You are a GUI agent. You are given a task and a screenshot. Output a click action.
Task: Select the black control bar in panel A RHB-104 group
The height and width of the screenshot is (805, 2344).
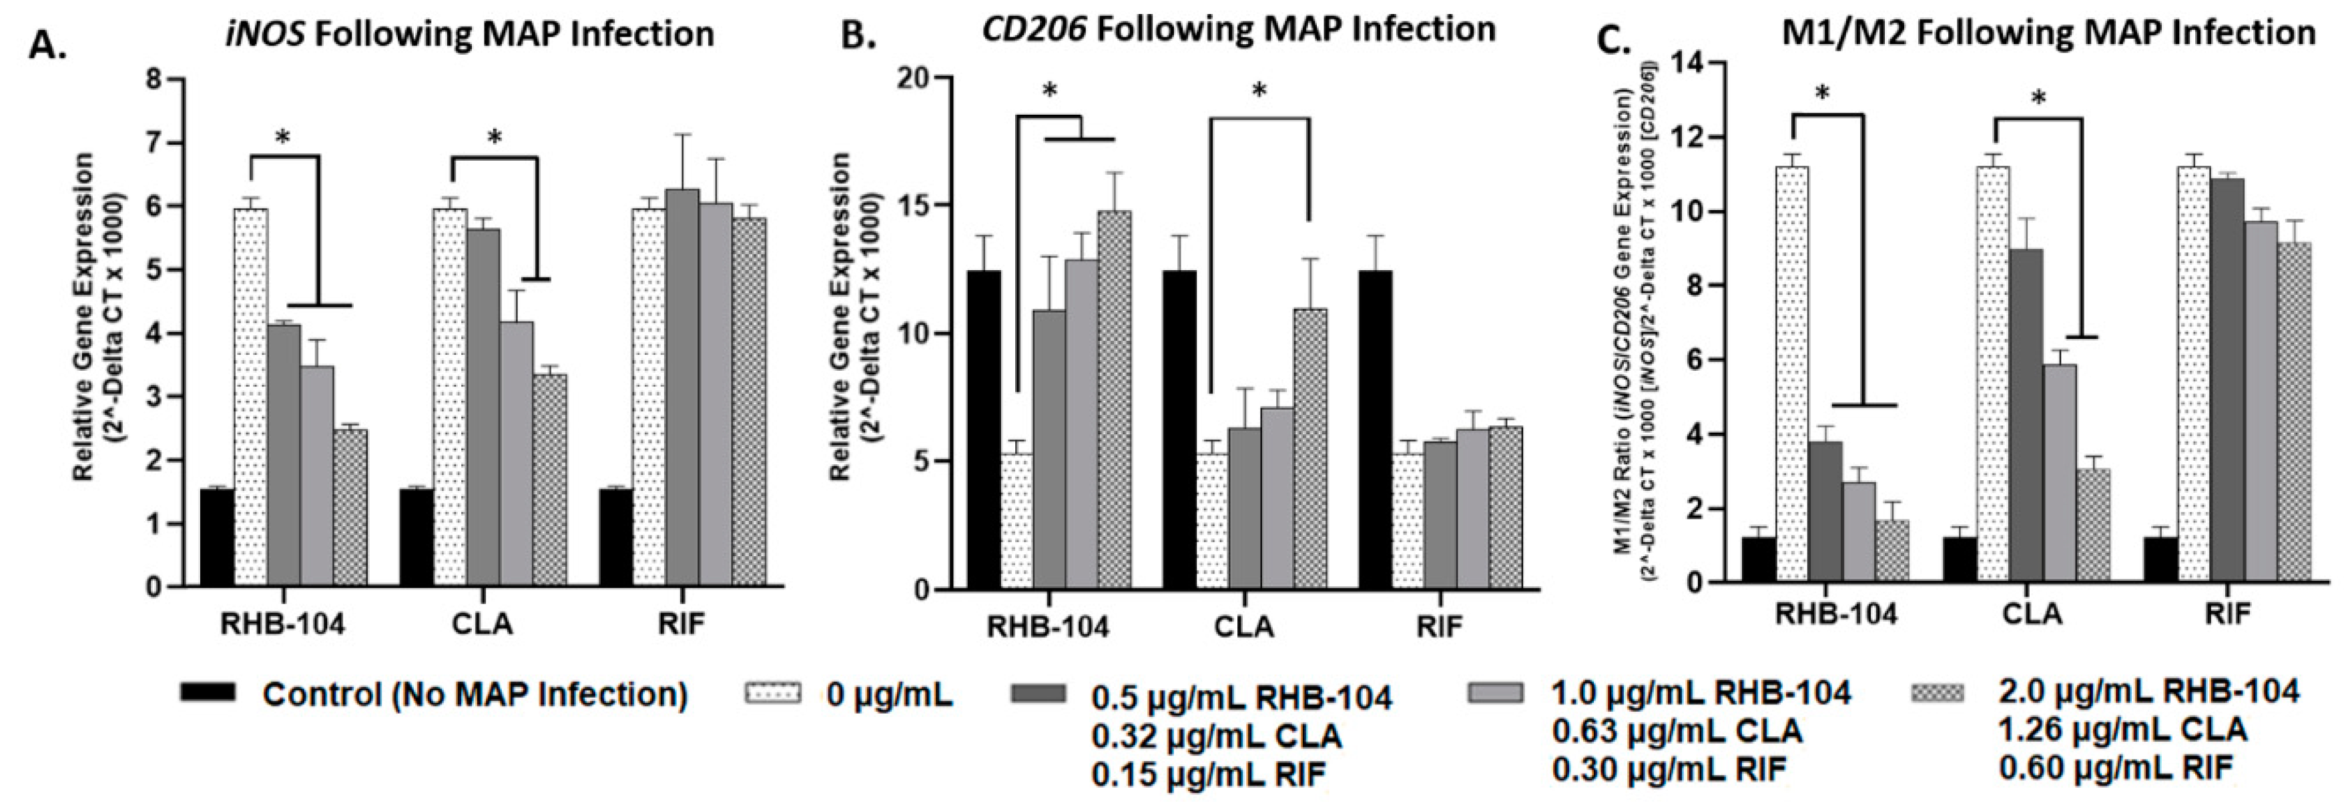point(218,538)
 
